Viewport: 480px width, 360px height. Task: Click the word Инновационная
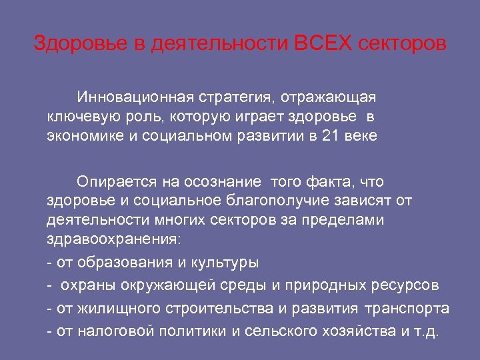133,97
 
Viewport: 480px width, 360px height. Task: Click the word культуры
222,263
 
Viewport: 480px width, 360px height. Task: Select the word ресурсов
403,286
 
